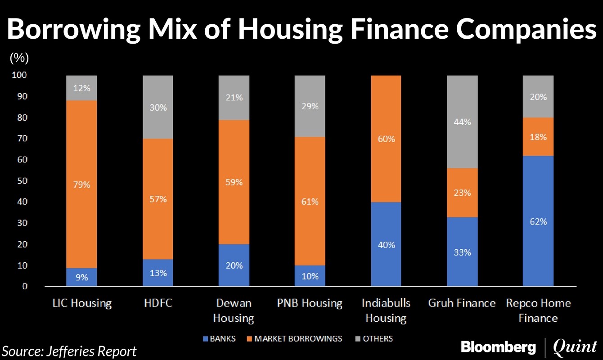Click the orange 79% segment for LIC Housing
(x=81, y=184)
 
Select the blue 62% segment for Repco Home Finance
(x=538, y=221)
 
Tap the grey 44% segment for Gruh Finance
(x=462, y=122)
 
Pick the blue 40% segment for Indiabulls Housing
(x=386, y=244)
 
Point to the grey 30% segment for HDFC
(x=157, y=108)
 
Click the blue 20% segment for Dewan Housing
(x=234, y=265)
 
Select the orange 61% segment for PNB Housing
(x=310, y=202)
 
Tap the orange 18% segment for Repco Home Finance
(x=538, y=137)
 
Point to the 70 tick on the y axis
(x=21, y=139)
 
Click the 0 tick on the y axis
(x=24, y=287)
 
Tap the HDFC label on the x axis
(x=157, y=303)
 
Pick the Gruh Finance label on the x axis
(x=462, y=303)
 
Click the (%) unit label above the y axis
(x=19, y=58)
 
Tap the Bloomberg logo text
(x=498, y=347)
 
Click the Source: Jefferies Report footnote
(x=70, y=351)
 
